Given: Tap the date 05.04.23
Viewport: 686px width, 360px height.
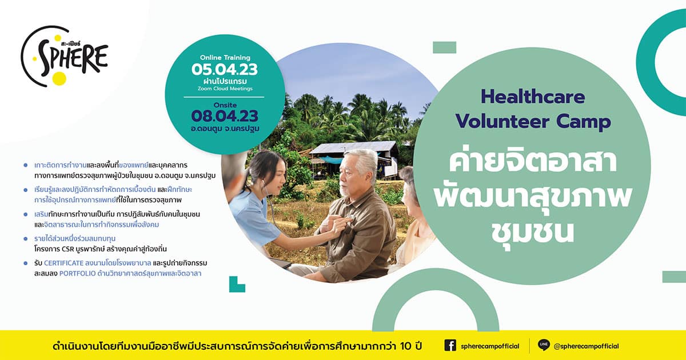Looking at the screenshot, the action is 225,70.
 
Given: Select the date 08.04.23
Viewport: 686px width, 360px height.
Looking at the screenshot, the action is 225,117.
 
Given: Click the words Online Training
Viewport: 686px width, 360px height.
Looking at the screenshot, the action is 225,57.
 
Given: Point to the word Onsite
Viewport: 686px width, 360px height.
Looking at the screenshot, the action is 225,105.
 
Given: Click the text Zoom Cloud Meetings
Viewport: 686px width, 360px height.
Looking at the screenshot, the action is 225,89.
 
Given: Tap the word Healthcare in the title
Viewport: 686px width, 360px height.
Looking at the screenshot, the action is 533,97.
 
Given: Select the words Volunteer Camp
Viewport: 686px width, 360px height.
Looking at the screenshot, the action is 533,122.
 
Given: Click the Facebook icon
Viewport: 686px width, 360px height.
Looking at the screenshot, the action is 450,345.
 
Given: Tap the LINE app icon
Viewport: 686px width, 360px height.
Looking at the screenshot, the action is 544,345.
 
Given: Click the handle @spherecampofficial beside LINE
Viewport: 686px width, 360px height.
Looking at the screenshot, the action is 586,346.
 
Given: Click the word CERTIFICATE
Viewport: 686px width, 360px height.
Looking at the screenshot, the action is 63,263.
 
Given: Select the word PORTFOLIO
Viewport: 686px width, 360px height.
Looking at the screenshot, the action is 78,274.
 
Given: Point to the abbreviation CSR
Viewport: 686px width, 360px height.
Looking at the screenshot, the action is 67,249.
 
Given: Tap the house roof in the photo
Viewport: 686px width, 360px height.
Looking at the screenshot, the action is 354,147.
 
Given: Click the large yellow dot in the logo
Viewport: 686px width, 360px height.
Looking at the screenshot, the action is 59,78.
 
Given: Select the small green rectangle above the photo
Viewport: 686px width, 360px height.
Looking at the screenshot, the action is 444,47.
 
